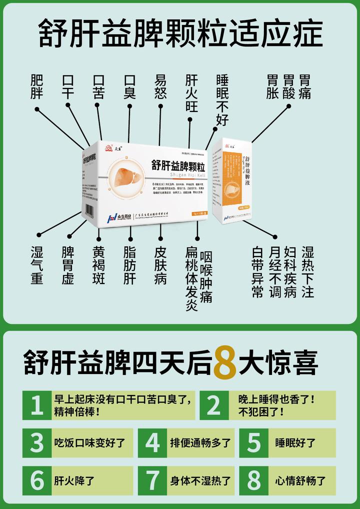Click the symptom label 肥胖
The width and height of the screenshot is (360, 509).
click(x=37, y=87)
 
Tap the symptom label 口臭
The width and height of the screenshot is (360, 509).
click(x=130, y=87)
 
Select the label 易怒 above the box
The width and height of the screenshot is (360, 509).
click(x=160, y=87)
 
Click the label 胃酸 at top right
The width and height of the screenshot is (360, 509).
click(x=288, y=87)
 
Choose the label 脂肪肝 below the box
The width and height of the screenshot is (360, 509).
click(x=130, y=265)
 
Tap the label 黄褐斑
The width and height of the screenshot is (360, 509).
click(x=99, y=265)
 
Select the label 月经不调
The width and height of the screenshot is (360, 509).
click(x=275, y=271)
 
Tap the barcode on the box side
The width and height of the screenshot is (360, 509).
click(x=90, y=211)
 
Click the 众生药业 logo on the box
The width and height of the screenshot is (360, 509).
click(x=119, y=218)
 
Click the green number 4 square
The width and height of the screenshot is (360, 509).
click(x=152, y=442)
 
